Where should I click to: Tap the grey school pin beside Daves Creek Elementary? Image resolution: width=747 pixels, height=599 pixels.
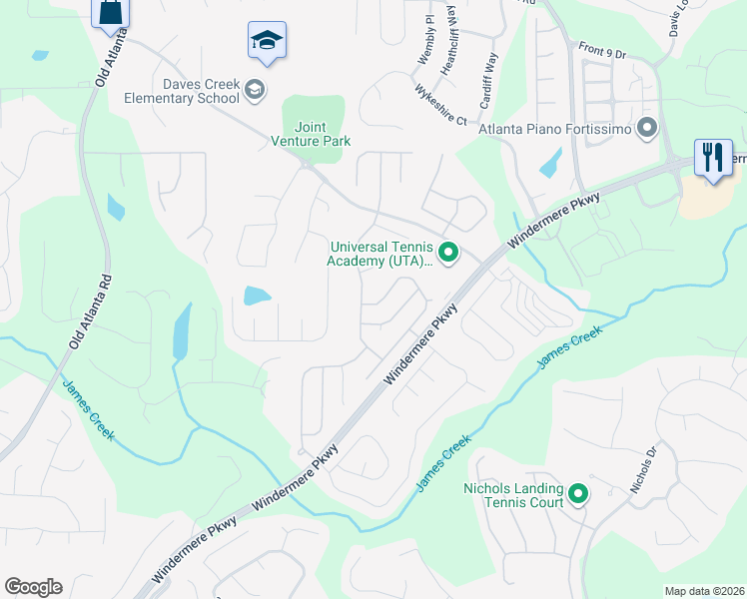point(256,91)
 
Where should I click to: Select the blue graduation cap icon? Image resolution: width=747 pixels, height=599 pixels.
point(267,41)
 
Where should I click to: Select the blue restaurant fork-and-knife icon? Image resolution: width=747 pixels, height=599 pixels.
point(713,157)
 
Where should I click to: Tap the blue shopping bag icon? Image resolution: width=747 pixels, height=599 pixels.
point(110,13)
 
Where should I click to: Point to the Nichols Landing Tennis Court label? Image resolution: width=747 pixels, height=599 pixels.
point(513,495)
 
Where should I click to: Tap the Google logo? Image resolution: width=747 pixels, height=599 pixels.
point(33,587)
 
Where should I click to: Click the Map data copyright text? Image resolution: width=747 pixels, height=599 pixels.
point(704,591)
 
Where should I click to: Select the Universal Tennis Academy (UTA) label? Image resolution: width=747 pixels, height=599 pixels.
point(379,254)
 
